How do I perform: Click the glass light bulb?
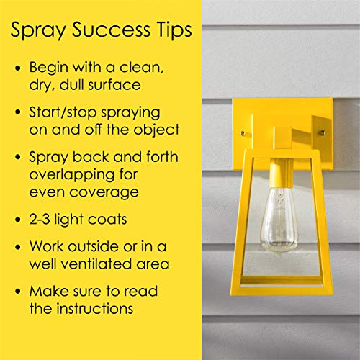[279, 221]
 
